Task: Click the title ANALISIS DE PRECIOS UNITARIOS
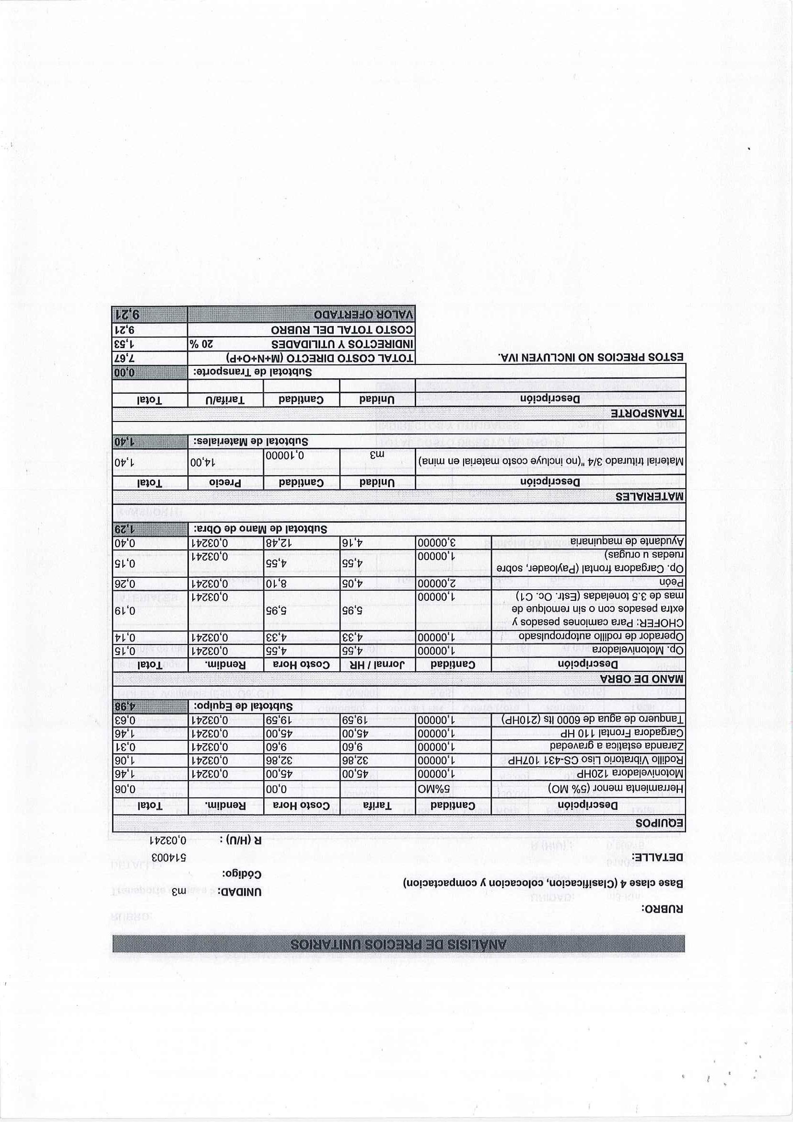(x=398, y=944)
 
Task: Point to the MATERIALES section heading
(x=649, y=497)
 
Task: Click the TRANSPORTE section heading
(x=647, y=413)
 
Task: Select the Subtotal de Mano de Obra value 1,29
(x=126, y=529)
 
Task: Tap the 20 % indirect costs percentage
(x=201, y=343)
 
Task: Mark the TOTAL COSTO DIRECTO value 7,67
(x=126, y=358)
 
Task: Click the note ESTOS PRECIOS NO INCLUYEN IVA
(x=590, y=358)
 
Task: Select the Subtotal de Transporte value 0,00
(x=126, y=372)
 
